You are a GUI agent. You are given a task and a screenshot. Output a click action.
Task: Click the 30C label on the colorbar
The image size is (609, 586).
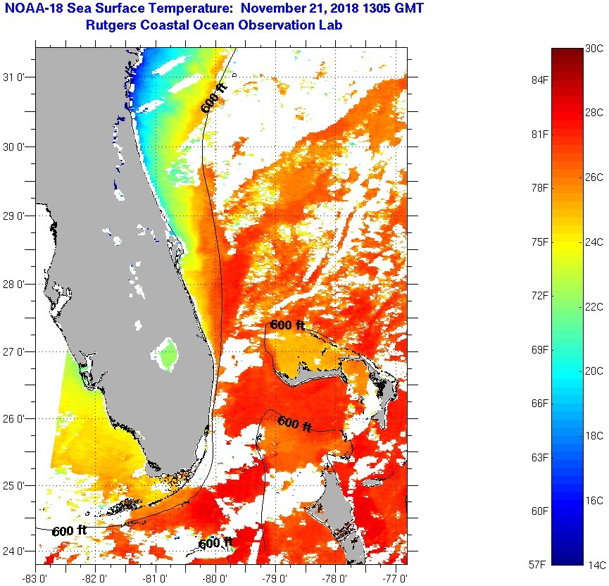click(x=594, y=48)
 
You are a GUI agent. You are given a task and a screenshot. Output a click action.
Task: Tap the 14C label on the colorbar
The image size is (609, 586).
click(x=594, y=565)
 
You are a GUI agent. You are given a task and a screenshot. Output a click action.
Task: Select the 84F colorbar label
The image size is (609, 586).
click(x=541, y=80)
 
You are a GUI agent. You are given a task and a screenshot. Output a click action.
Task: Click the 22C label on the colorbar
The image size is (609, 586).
click(x=594, y=306)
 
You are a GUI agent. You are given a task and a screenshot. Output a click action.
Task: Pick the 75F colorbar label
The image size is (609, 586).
click(x=541, y=242)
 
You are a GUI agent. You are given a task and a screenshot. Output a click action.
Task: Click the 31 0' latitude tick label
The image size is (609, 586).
click(x=18, y=77)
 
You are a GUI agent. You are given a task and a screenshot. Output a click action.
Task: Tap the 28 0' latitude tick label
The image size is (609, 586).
click(x=18, y=284)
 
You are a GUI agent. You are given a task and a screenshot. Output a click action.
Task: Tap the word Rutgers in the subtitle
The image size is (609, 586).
click(x=110, y=26)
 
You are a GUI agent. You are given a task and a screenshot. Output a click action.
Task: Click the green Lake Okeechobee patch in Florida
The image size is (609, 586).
click(x=167, y=354)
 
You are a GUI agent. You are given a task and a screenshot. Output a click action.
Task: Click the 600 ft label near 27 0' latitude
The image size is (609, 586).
click(x=287, y=325)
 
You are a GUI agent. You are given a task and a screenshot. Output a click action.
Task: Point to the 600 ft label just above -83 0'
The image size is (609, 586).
click(x=69, y=531)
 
